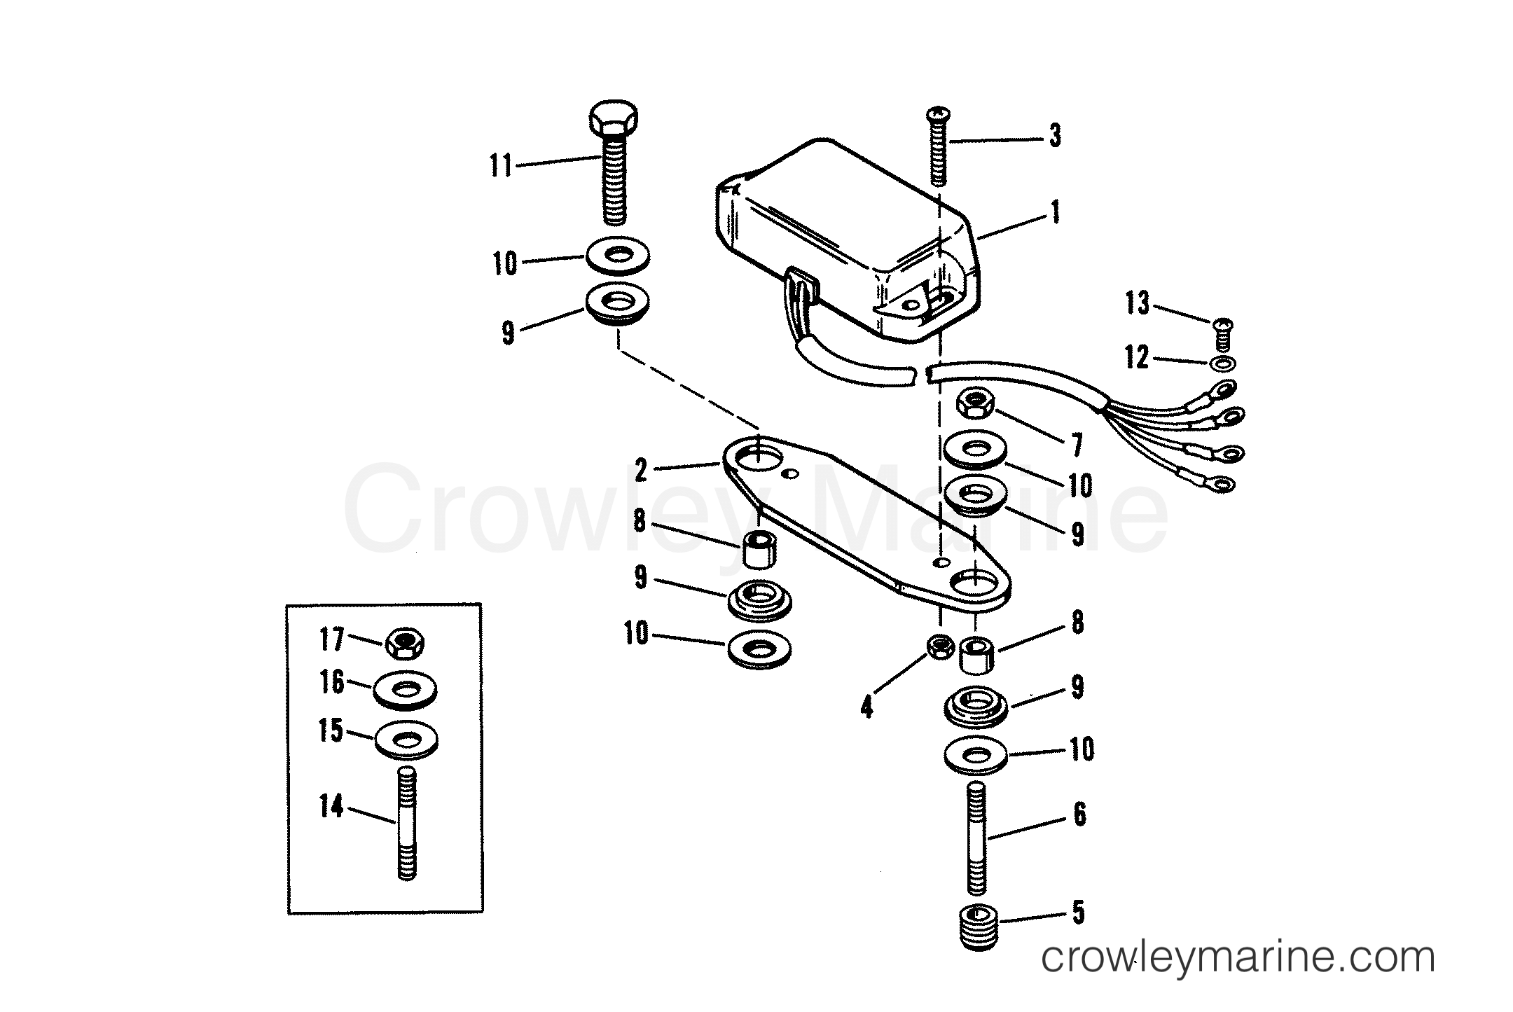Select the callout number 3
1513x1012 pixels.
1055,135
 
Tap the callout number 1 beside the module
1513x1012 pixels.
1055,212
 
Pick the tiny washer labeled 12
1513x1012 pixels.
1223,363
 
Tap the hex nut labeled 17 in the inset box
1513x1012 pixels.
405,642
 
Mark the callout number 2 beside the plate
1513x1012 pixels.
640,471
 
